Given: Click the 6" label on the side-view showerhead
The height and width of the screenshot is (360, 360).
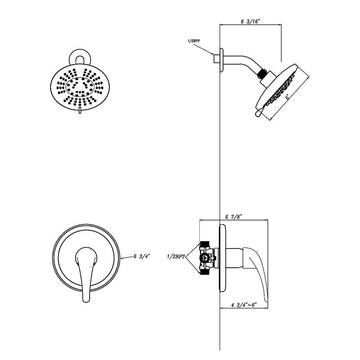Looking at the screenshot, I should [286, 96].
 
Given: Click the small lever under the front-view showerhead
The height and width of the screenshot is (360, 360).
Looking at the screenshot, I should [80, 111].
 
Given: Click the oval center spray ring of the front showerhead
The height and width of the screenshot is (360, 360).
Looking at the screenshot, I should [80, 85].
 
